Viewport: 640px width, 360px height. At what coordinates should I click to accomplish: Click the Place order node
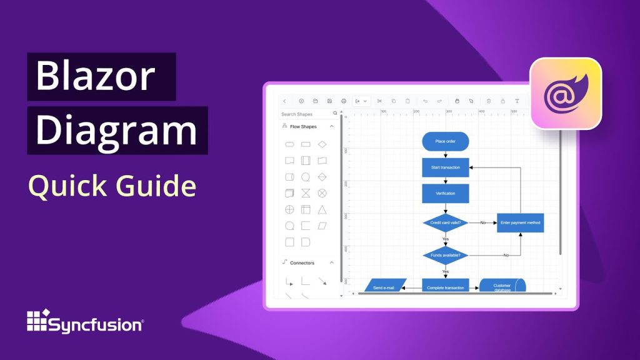tap(445, 141)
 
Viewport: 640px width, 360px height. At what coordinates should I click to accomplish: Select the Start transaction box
tap(445, 167)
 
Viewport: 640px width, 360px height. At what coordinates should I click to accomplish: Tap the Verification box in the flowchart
tap(445, 193)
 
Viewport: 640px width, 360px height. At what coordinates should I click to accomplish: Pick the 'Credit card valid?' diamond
tap(445, 222)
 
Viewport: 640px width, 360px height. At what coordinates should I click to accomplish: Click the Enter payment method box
tap(520, 222)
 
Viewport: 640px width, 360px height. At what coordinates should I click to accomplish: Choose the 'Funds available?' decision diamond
tap(445, 255)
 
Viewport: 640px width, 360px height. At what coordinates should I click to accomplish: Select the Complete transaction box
tap(445, 287)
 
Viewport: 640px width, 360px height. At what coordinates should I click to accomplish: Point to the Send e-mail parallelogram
tap(386, 287)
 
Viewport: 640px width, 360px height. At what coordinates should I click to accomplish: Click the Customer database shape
tap(502, 286)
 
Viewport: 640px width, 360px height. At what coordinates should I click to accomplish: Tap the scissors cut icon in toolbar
tap(379, 101)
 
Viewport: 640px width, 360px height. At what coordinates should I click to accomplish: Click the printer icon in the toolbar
tap(343, 101)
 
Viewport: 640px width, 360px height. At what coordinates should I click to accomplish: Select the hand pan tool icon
tap(457, 101)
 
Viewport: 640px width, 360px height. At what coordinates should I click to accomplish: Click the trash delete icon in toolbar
tap(489, 101)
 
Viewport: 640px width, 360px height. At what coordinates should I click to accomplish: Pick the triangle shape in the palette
tap(322, 209)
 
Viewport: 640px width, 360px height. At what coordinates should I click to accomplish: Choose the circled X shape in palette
tap(322, 193)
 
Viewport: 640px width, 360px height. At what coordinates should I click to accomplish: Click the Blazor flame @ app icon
tap(566, 93)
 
